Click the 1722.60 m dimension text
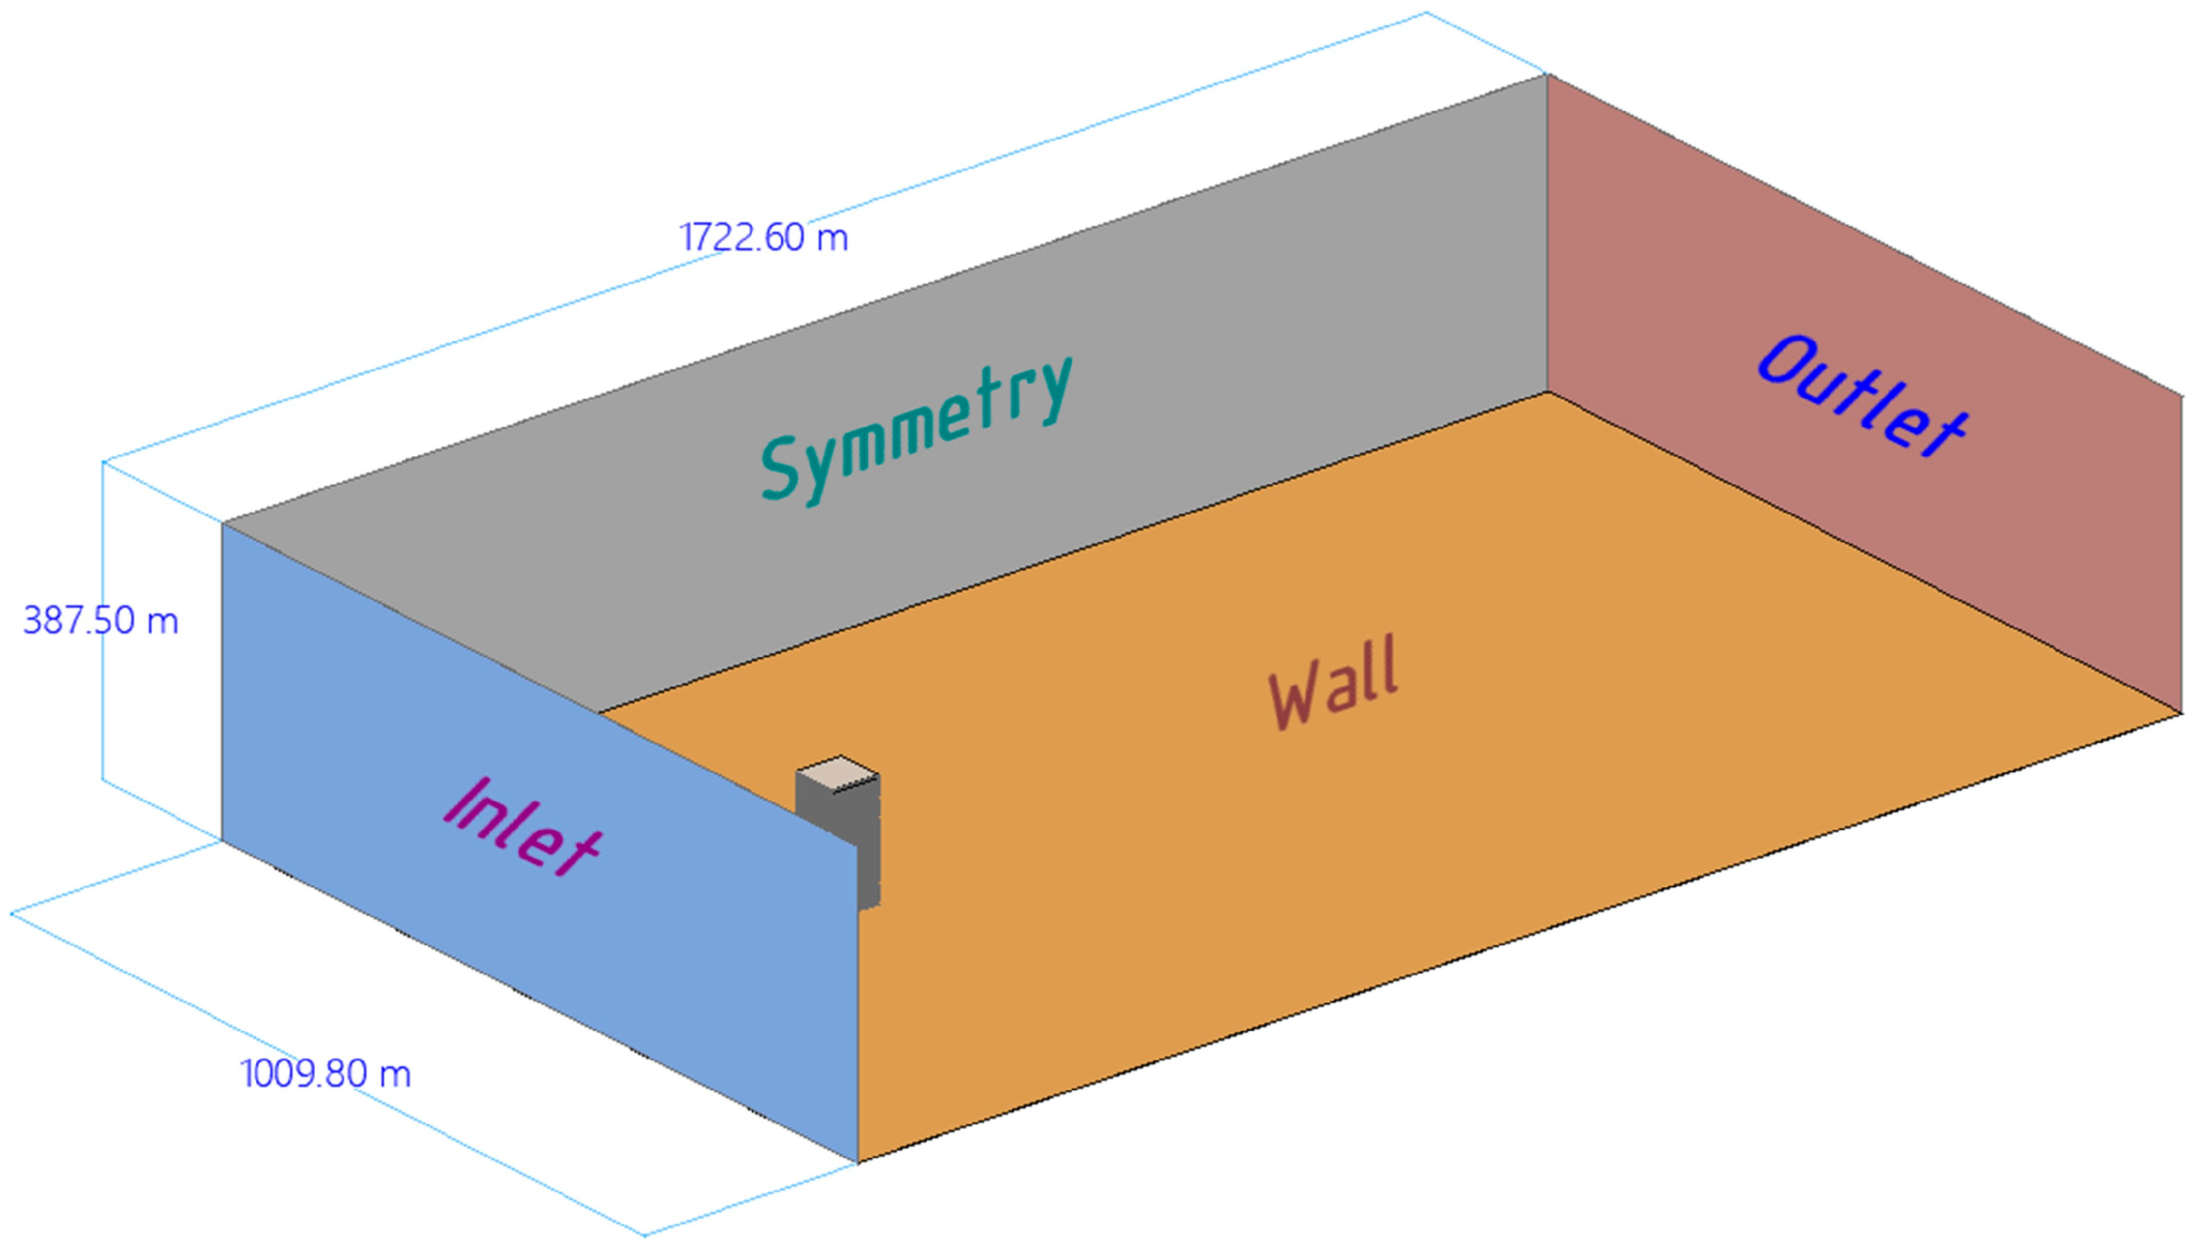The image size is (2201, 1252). coord(763,237)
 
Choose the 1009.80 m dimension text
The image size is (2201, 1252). coord(326,1074)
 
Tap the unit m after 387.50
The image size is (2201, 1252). coord(162,621)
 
